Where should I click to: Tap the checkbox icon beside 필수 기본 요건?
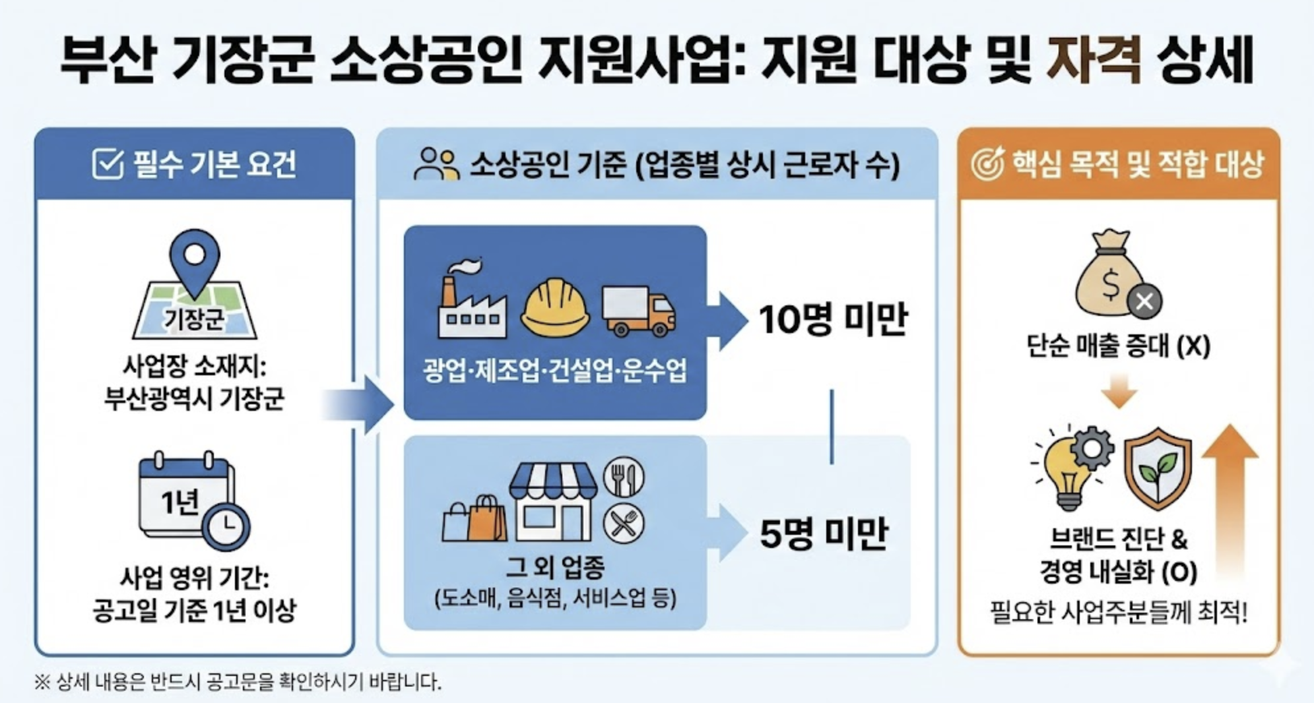tap(108, 164)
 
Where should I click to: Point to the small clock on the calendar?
tap(226, 526)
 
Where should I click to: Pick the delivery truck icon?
tap(638, 311)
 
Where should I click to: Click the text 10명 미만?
tap(833, 320)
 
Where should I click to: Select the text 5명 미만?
tap(824, 534)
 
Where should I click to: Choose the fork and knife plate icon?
tap(623, 477)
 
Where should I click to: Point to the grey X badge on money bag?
tap(1144, 302)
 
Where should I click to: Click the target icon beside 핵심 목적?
tap(987, 164)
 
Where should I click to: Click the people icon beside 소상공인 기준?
tap(436, 164)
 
